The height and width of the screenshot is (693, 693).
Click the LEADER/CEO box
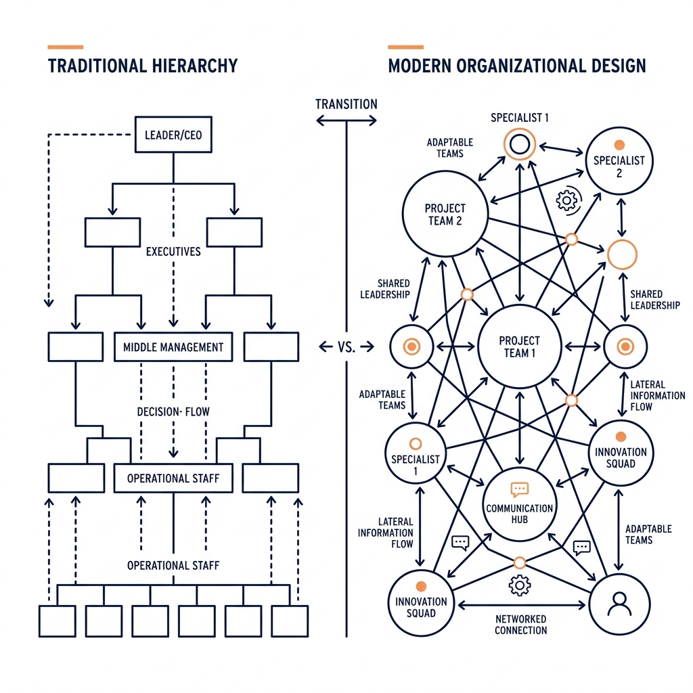click(173, 135)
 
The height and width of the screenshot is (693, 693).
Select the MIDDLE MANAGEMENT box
click(173, 347)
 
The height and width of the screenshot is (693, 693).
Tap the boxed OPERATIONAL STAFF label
click(173, 478)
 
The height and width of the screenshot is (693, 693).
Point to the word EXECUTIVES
click(173, 252)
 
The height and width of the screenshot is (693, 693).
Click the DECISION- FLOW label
click(173, 411)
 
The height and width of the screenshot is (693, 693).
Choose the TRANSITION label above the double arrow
click(346, 104)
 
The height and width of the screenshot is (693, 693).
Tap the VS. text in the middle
click(346, 347)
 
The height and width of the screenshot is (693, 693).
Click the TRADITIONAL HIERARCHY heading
click(143, 66)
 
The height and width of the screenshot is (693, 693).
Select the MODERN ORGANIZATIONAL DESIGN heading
click(517, 66)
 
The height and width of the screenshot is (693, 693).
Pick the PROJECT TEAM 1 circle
click(519, 346)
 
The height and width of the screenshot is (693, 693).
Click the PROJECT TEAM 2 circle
click(445, 214)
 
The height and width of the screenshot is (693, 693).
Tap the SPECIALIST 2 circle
click(619, 161)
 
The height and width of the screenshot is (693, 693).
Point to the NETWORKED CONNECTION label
click(520, 625)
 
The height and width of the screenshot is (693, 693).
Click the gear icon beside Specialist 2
click(566, 200)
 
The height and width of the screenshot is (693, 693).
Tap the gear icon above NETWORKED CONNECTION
click(519, 585)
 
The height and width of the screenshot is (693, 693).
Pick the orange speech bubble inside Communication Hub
click(519, 489)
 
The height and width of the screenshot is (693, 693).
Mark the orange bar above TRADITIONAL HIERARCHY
click(66, 47)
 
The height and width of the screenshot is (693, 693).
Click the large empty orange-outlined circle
click(623, 254)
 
